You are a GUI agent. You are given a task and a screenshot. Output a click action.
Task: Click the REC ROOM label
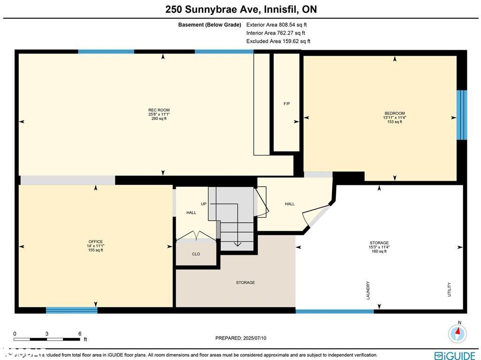pyautogui.click(x=159, y=110)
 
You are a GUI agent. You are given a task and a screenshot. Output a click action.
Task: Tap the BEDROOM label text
pyautogui.click(x=394, y=113)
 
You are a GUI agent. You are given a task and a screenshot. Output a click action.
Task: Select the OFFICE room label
pyautogui.click(x=95, y=242)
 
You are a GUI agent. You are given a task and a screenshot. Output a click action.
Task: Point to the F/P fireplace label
pyautogui.click(x=287, y=103)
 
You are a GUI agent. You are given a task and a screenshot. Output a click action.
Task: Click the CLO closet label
pyautogui.click(x=196, y=254)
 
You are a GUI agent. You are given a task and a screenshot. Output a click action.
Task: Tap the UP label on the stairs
pyautogui.click(x=203, y=204)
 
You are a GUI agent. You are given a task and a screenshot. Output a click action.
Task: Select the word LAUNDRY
pyautogui.click(x=368, y=290)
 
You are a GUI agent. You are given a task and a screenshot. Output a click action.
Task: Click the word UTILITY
pyautogui.click(x=449, y=289)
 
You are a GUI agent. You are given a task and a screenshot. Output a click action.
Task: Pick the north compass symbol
pyautogui.click(x=458, y=333)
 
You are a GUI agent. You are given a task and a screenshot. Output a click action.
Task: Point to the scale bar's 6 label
pyautogui.click(x=80, y=333)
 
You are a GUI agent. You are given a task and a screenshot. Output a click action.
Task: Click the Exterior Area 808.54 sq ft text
pyautogui.click(x=276, y=24)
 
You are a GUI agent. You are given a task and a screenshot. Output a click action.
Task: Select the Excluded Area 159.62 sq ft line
pyautogui.click(x=278, y=41)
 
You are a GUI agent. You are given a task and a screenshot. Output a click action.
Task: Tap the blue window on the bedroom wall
pyautogui.click(x=462, y=115)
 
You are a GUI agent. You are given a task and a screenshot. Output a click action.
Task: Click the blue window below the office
pyautogui.click(x=71, y=310)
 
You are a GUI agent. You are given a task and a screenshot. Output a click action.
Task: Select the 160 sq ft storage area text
pyautogui.click(x=379, y=251)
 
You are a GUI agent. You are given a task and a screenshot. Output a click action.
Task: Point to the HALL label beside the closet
pyautogui.click(x=191, y=212)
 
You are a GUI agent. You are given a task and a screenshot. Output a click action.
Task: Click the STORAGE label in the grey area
pyautogui.click(x=245, y=282)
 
